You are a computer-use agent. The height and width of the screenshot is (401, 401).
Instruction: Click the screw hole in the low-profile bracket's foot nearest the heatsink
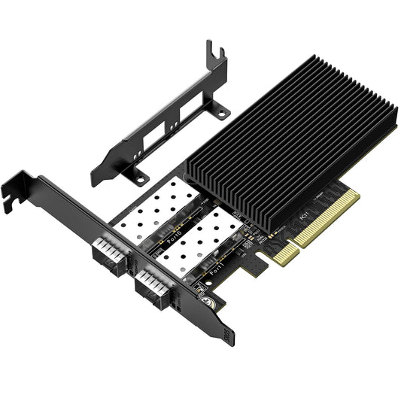[x=223, y=113]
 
